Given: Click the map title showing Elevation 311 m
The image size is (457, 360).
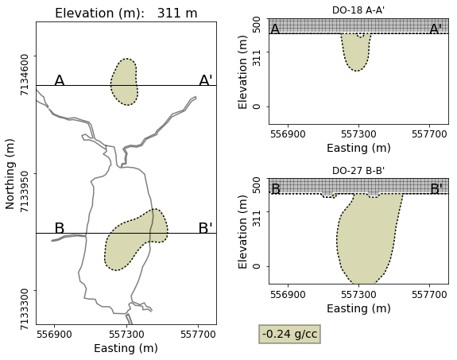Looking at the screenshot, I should tap(126, 13).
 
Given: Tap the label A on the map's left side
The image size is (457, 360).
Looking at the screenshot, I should tap(59, 81).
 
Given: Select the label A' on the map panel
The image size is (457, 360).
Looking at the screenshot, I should tap(206, 81).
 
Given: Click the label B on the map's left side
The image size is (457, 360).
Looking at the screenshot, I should tap(59, 229).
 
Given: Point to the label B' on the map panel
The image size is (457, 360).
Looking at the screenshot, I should tap(205, 229).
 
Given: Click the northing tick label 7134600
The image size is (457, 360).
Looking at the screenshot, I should tap(25, 74).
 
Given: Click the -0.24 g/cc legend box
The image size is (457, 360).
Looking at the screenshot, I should tap(290, 335).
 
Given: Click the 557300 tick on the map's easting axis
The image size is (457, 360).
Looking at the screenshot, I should tap(126, 335).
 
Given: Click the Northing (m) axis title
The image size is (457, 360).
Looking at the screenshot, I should tap(10, 173).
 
